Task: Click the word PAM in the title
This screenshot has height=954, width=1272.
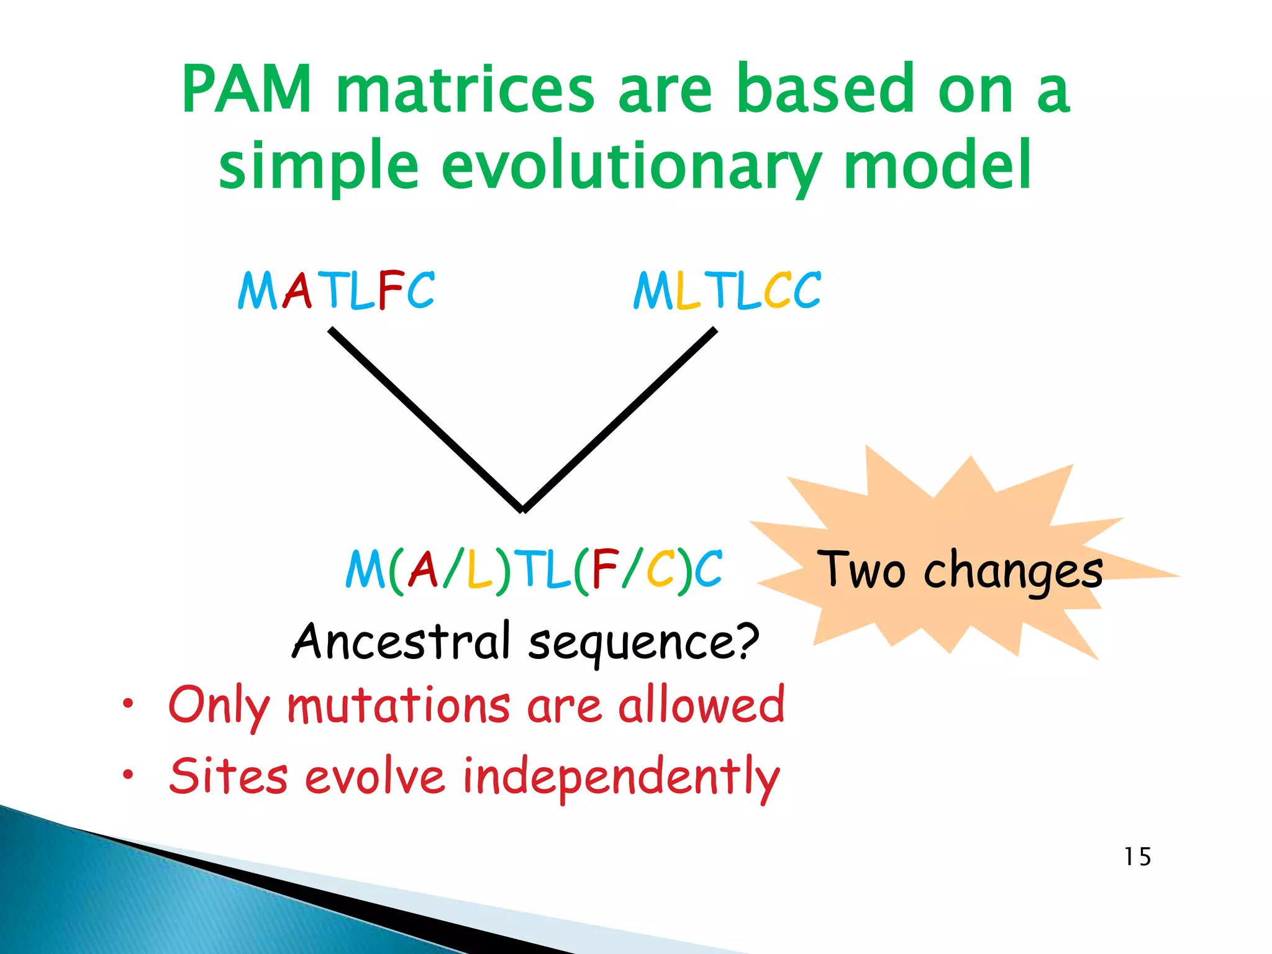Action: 247,90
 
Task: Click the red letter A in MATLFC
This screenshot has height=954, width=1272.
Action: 297,291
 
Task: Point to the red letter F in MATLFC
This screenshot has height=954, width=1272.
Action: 390,290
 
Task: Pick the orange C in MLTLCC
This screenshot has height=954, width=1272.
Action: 777,291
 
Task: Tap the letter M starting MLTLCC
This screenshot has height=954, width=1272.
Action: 653,291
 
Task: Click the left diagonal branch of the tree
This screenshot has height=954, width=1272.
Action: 426,420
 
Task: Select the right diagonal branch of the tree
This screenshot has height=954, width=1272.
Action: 621,420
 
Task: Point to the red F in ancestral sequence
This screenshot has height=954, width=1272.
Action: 605,569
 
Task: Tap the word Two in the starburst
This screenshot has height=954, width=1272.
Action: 861,570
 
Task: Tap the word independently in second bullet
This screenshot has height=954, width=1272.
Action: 621,777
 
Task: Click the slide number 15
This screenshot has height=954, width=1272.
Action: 1137,857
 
